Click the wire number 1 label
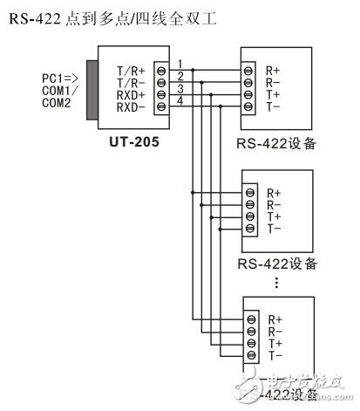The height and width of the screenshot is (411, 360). click(179, 62)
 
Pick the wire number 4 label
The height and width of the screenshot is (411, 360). click(179, 102)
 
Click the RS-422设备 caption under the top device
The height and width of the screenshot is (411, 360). click(277, 145)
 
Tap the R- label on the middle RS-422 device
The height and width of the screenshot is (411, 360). click(274, 203)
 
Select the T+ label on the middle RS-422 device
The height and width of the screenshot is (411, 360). click(274, 216)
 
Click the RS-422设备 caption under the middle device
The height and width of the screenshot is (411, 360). click(277, 263)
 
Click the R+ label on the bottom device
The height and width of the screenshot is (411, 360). click(273, 319)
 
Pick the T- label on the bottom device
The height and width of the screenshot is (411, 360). click(273, 356)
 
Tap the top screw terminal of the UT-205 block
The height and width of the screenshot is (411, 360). click(160, 67)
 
